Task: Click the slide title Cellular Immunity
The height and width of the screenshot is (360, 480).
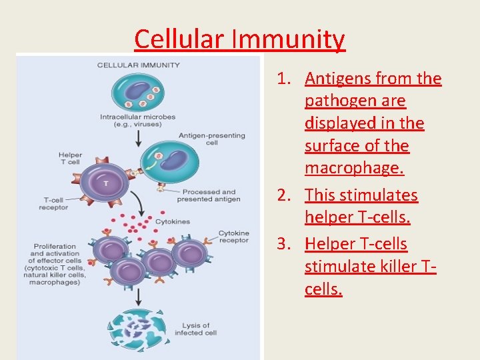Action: click(x=239, y=39)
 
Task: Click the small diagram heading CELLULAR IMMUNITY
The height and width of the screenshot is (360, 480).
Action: click(x=139, y=65)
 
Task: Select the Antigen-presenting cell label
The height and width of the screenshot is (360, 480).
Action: click(x=211, y=139)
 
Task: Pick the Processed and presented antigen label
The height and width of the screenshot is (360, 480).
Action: click(x=208, y=195)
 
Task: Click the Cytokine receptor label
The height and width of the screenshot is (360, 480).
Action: click(x=234, y=237)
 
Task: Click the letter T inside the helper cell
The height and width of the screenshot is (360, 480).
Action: click(x=105, y=181)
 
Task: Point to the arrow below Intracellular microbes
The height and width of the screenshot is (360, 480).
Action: click(x=138, y=138)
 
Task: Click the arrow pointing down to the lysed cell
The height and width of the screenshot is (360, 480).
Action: click(x=137, y=296)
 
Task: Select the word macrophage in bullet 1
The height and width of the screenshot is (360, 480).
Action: click(x=354, y=168)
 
